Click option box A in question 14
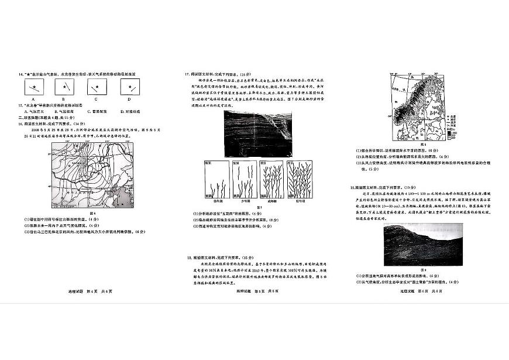click(x=36, y=88)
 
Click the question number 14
click(x=21, y=74)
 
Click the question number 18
click(x=188, y=257)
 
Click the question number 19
click(x=352, y=188)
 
